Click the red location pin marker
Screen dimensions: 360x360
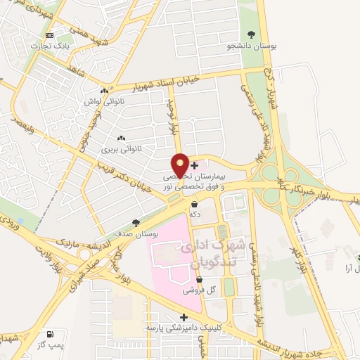point(180,165)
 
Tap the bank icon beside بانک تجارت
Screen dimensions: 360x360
point(49,35)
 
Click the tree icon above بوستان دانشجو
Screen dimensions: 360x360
point(252,34)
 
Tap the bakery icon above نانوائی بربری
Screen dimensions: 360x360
point(121,138)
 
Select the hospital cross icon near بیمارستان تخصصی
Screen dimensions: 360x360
point(194,165)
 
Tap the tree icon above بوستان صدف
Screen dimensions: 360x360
point(136,221)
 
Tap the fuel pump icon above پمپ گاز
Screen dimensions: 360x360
point(49,334)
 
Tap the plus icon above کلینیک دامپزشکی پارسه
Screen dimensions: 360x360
point(184,317)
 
